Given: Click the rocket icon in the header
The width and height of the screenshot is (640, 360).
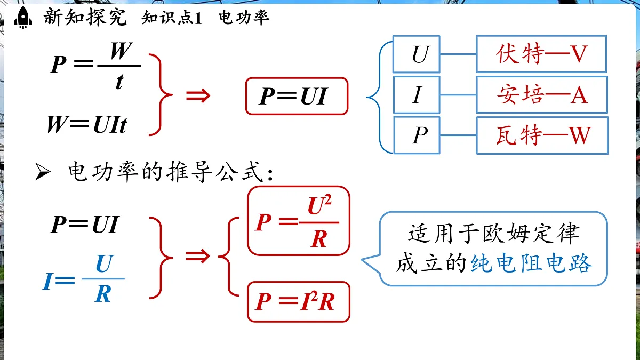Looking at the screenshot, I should tap(22, 18).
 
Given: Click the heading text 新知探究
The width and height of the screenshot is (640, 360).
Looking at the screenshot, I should tap(85, 18).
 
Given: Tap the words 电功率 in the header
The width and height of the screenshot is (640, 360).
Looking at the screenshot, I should tap(244, 18).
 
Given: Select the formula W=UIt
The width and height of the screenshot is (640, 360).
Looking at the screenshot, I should tap(87, 125).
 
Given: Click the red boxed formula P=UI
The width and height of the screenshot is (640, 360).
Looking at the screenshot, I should tap(297, 97).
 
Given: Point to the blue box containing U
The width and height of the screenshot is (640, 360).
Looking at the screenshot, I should tap(417, 54).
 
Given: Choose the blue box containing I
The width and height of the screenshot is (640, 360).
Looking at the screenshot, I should tap(417, 94).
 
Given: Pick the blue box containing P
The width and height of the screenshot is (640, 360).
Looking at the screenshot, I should tap(417, 135).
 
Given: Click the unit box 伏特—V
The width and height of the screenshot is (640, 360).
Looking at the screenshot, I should tap(541, 54).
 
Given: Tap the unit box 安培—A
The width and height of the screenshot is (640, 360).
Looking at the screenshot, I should tap(541, 94).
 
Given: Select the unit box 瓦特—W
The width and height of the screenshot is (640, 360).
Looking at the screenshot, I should tap(541, 135).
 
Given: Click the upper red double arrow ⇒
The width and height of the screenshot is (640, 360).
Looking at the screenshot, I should tap(198, 96).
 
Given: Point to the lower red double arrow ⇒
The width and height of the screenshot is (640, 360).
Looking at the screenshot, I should tap(198, 257).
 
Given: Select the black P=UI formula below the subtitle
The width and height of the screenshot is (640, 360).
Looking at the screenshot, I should tap(85, 225).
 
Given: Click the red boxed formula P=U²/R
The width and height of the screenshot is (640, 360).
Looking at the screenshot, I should tap(298, 221).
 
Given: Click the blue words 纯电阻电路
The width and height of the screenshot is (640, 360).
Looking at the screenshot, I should tap(531, 264).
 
